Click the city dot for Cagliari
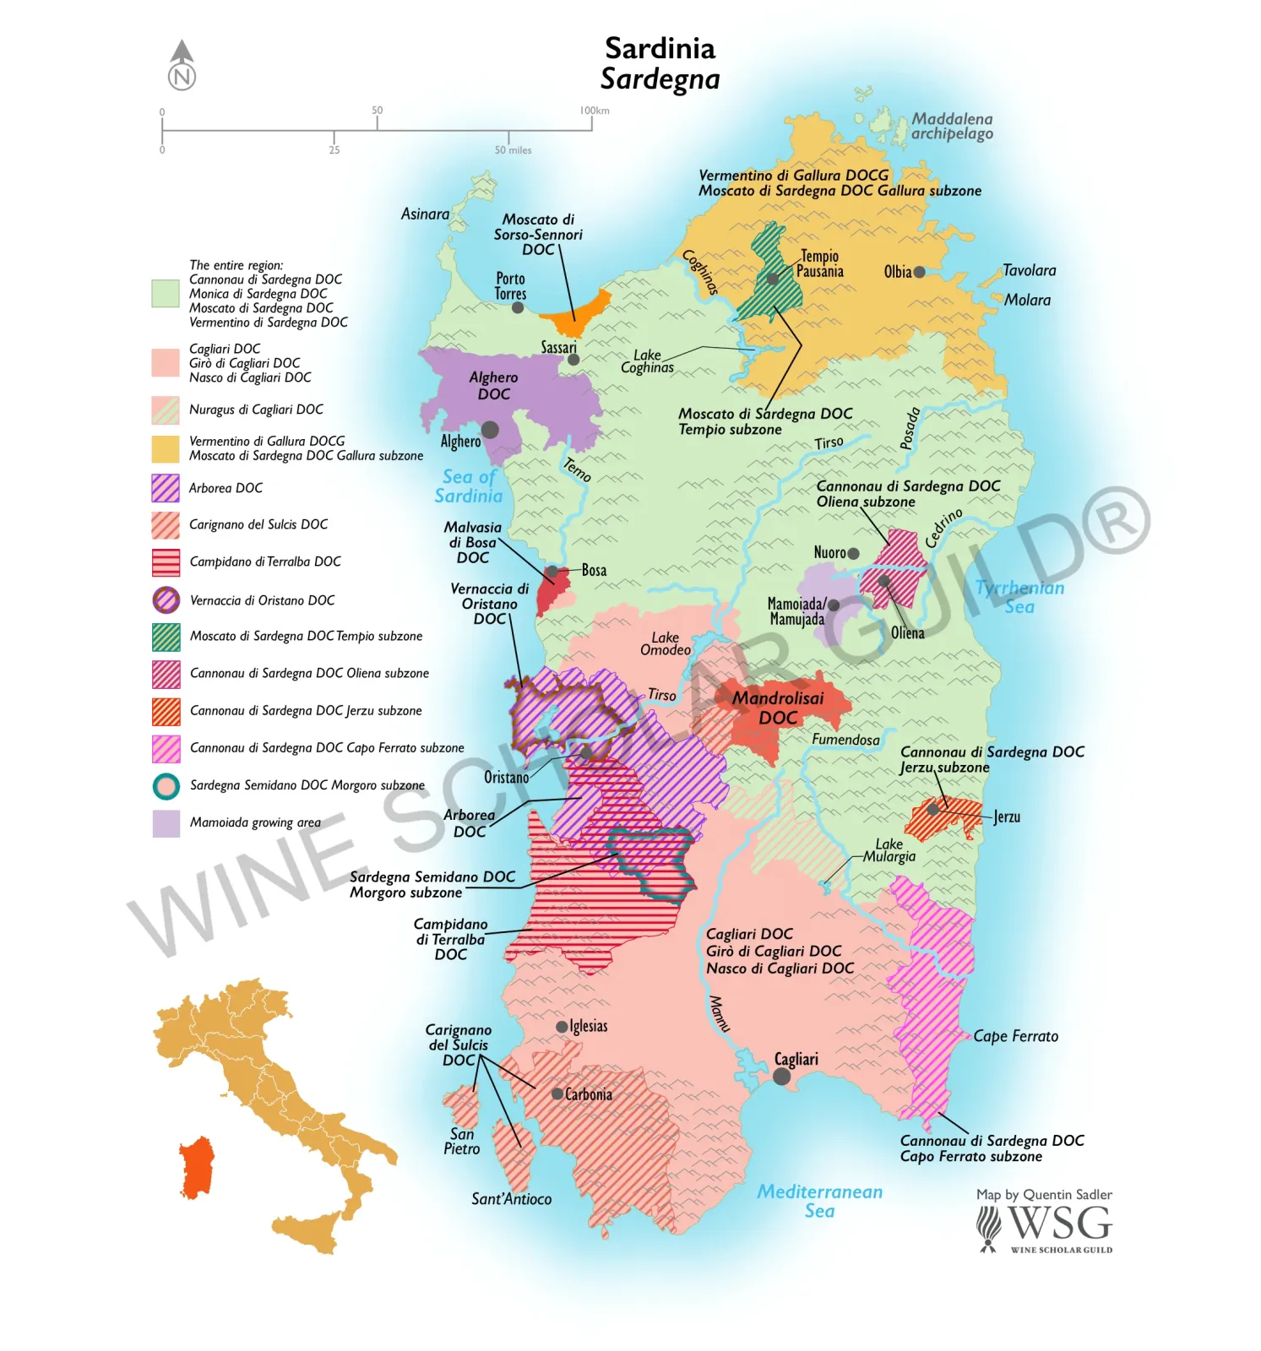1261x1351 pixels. tap(781, 1077)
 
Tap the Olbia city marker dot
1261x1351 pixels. tap(919, 272)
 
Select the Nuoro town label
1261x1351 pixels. tap(829, 552)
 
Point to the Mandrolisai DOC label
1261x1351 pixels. tap(778, 708)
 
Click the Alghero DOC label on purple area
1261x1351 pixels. tap(494, 386)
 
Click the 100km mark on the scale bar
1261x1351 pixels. tap(593, 111)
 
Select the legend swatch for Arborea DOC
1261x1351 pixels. tap(166, 488)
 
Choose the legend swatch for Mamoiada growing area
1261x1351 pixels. tap(166, 823)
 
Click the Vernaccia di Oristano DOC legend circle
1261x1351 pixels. tap(166, 600)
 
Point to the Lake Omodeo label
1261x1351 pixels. tap(665, 643)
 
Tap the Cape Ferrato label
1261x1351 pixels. tap(1015, 1036)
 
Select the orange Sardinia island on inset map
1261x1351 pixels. tap(198, 1168)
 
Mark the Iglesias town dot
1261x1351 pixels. tap(562, 1027)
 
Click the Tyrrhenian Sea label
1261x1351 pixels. tap(1019, 597)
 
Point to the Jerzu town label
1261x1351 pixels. tap(1007, 817)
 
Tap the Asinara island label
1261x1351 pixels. tap(425, 214)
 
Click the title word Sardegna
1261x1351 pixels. tap(660, 79)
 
